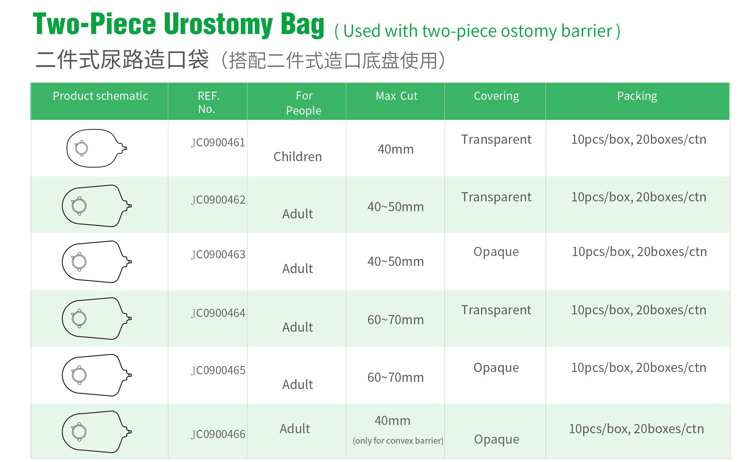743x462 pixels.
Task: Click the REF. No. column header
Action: pyautogui.click(x=208, y=102)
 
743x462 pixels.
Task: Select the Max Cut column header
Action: pyautogui.click(x=397, y=96)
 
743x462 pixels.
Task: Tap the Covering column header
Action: pyautogui.click(x=496, y=96)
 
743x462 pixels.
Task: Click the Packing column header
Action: pyautogui.click(x=637, y=96)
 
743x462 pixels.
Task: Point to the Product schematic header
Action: pyautogui.click(x=100, y=96)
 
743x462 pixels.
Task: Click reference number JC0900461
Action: pyautogui.click(x=218, y=143)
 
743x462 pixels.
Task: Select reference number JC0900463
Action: pyautogui.click(x=218, y=255)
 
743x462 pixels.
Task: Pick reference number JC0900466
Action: pyautogui.click(x=218, y=434)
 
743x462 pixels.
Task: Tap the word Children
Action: pyautogui.click(x=298, y=157)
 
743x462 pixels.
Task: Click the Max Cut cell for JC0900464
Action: pyautogui.click(x=396, y=320)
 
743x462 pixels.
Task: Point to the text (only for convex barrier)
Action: pyautogui.click(x=398, y=441)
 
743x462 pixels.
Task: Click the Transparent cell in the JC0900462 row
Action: pyautogui.click(x=496, y=197)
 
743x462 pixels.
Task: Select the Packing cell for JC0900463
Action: pyautogui.click(x=639, y=252)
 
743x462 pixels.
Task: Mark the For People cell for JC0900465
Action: pyautogui.click(x=298, y=385)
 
